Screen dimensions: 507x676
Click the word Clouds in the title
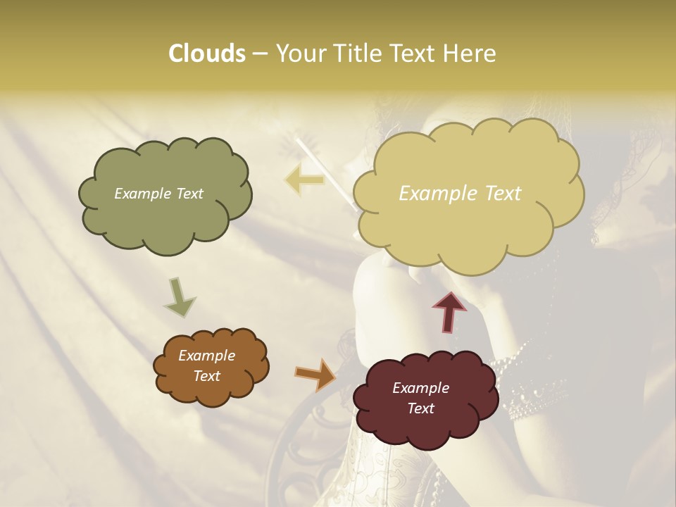click(x=206, y=54)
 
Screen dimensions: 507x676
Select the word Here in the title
click(x=470, y=54)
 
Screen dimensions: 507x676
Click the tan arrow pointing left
click(x=303, y=180)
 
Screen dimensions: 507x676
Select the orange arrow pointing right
click(x=315, y=374)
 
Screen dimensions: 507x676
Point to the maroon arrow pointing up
click(x=449, y=311)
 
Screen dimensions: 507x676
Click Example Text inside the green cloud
click(x=158, y=194)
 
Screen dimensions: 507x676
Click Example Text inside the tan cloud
click(x=460, y=194)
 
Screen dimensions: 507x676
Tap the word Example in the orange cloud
click(x=206, y=356)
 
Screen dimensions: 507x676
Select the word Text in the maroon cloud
click(x=420, y=408)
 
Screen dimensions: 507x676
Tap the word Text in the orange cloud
click(x=206, y=376)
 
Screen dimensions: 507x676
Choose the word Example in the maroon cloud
click(x=420, y=388)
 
